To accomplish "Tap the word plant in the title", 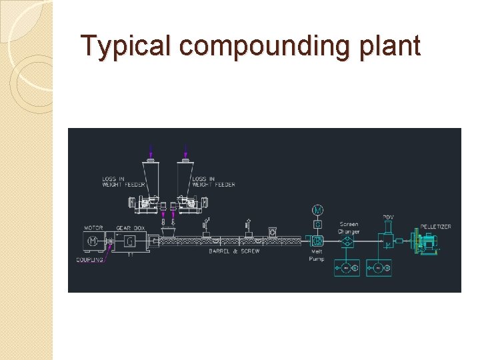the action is tap(393, 47).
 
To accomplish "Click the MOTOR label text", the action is tap(93, 228).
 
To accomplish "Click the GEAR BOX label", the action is tap(129, 228).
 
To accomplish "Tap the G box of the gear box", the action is tap(129, 241).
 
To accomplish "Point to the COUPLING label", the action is tap(89, 259).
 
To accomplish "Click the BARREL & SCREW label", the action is tap(234, 251).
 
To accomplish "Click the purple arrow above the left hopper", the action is tap(151, 151).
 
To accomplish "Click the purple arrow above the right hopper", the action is tap(186, 151).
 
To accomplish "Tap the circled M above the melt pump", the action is tap(318, 211).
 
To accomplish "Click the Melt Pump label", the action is tap(317, 255).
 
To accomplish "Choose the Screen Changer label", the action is tap(349, 228).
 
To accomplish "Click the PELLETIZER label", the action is tap(435, 227).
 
